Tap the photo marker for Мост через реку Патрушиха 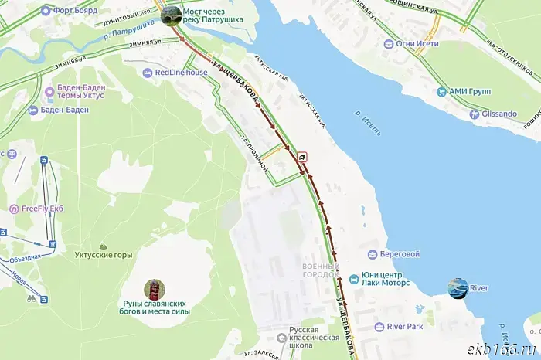pyautogui.click(x=171, y=15)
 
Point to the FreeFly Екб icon pyautogui.click(x=14, y=209)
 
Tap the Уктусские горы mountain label pyautogui.click(x=103, y=253)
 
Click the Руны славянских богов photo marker pyautogui.click(x=155, y=290)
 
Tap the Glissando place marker pyautogui.click(x=475, y=114)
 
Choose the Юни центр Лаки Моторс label pyautogui.click(x=386, y=280)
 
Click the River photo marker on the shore pyautogui.click(x=458, y=288)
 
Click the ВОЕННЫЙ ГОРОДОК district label pyautogui.click(x=319, y=270)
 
